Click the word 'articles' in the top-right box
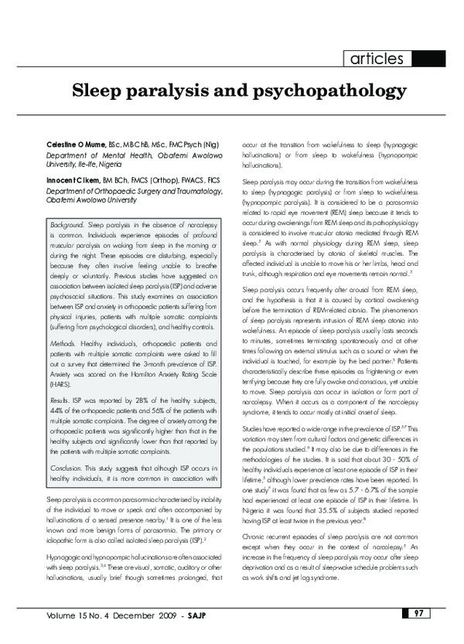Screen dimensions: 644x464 377,59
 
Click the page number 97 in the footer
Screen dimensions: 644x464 417,635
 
